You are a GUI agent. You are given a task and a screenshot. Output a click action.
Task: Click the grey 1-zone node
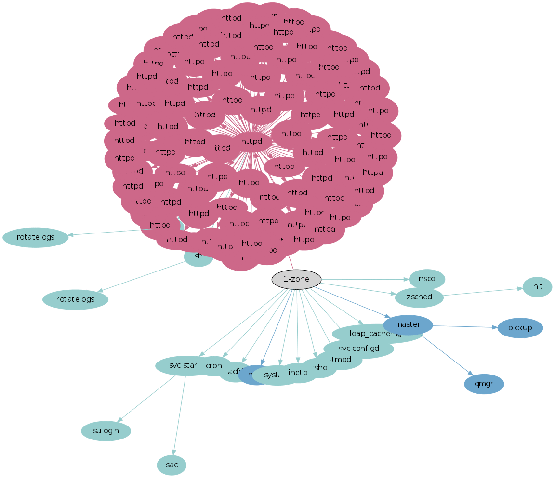(x=296, y=279)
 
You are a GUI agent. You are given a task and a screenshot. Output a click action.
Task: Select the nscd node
(x=426, y=279)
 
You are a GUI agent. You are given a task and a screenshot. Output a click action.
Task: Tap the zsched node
(x=419, y=297)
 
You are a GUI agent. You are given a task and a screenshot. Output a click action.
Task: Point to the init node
(x=537, y=287)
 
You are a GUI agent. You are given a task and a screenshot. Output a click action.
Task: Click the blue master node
(x=408, y=324)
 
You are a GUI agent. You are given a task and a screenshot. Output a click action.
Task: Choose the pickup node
(x=520, y=328)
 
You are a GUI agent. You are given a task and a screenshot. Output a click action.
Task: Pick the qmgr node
(x=484, y=384)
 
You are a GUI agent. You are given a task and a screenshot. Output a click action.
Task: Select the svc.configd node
(x=358, y=349)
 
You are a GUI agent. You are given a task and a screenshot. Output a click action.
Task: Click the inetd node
(x=298, y=372)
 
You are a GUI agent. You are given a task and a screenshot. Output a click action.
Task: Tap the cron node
(x=213, y=366)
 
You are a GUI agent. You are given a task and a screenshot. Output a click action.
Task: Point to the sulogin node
(x=106, y=431)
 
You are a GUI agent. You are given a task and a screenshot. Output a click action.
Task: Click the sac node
(x=172, y=465)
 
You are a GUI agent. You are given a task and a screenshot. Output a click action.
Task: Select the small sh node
(x=198, y=257)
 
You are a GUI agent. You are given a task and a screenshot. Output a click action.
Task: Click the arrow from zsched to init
(x=482, y=292)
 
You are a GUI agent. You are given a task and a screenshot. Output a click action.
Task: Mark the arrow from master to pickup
(x=465, y=327)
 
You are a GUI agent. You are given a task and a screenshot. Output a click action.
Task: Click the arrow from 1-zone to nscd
(x=366, y=279)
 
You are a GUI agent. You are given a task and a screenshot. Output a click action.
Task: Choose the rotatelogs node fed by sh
(x=75, y=299)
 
